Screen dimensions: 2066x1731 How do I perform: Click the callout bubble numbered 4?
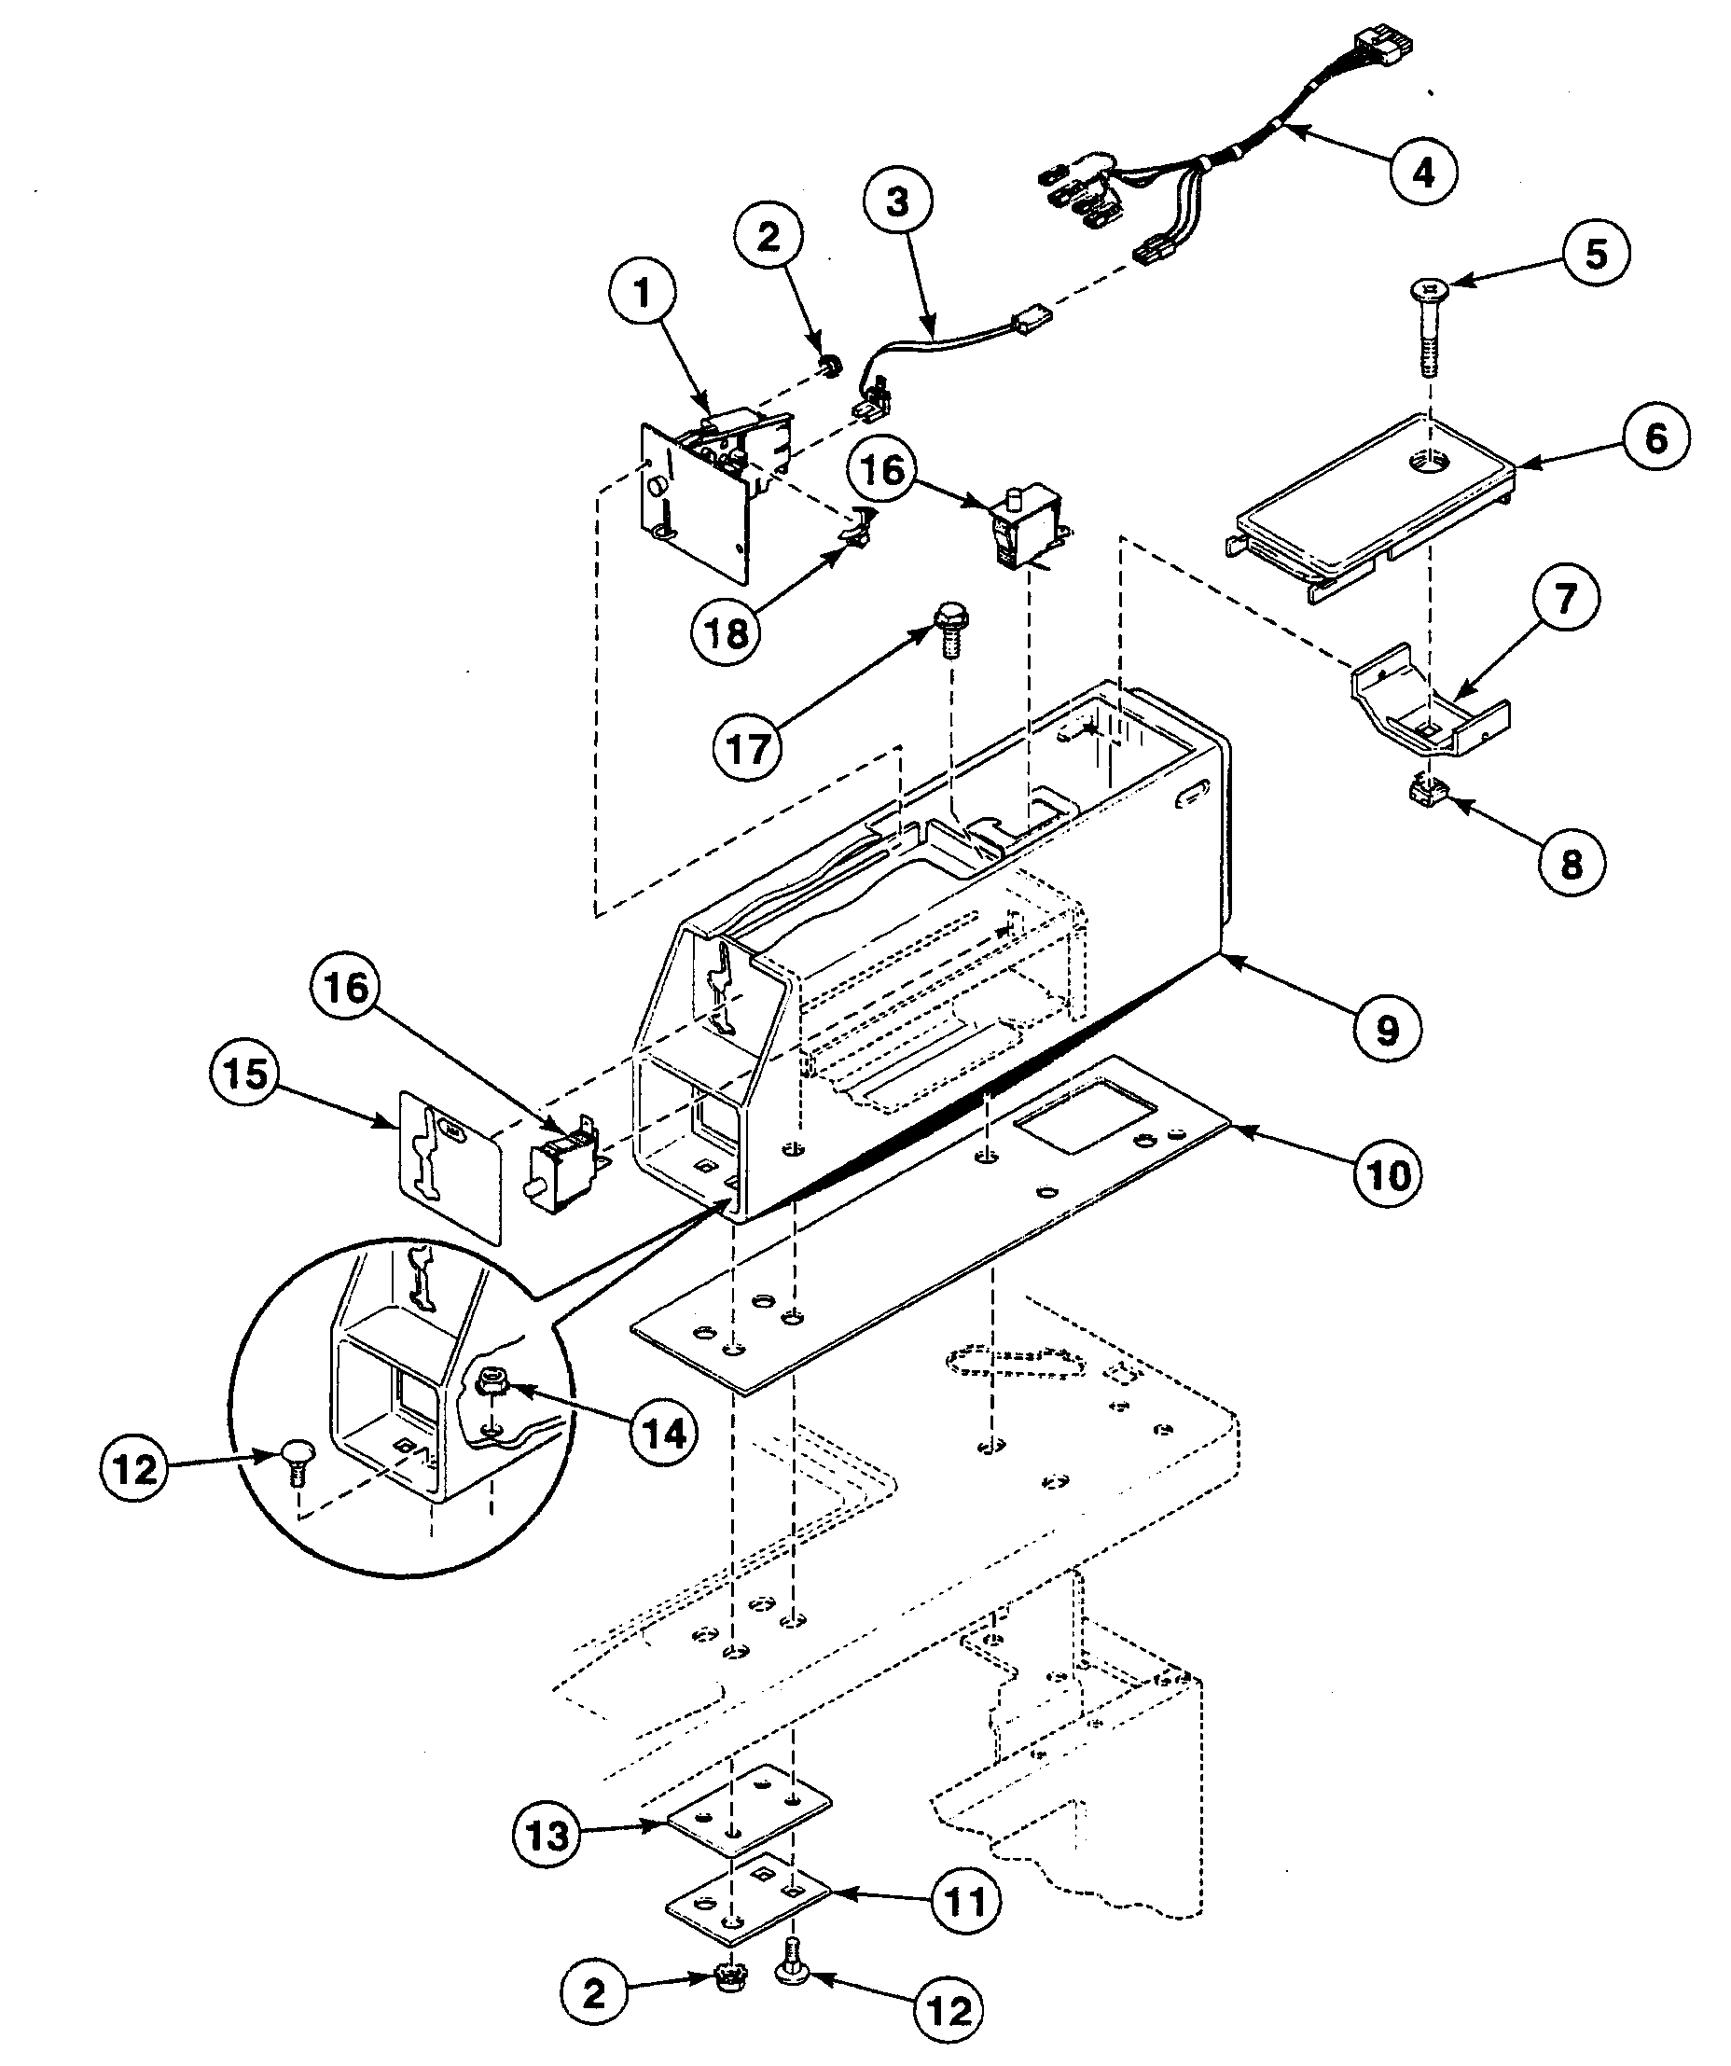(1423, 173)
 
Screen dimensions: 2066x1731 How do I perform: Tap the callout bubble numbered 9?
(1386, 1029)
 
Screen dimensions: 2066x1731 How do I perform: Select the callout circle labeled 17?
(746, 750)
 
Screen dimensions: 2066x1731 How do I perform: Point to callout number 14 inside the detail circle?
(664, 1434)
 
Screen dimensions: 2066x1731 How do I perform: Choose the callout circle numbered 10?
(1388, 1172)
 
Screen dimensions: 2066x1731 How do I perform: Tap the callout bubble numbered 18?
(727, 632)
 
